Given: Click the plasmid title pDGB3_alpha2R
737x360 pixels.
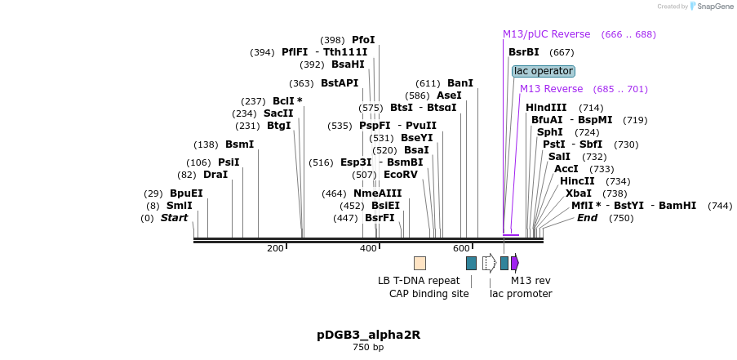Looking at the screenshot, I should (x=368, y=335).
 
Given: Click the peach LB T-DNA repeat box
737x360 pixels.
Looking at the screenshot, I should (x=420, y=263).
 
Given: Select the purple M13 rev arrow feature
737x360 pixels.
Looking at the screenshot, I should (x=515, y=263).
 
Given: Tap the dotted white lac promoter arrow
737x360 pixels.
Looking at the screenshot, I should (x=489, y=263).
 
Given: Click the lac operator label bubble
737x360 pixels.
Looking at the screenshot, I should (x=544, y=71).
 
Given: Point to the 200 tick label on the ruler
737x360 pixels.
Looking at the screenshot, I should (x=275, y=248).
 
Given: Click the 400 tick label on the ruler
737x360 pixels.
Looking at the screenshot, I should (x=368, y=248).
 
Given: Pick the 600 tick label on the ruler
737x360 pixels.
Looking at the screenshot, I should (x=461, y=248).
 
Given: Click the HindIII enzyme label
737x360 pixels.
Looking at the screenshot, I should (x=546, y=108).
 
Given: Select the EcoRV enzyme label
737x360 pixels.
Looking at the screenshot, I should (x=401, y=175).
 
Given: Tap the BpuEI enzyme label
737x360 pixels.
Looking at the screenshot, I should (x=186, y=193).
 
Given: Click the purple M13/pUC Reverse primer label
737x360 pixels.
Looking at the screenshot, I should (x=546, y=34).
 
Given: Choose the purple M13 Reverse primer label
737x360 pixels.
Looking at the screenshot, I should (x=551, y=89).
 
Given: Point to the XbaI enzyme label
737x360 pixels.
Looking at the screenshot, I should (x=579, y=193).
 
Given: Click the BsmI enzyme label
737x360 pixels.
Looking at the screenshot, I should (x=239, y=144).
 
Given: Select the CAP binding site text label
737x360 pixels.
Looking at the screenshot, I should (x=428, y=294).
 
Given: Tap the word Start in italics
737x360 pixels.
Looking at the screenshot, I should (x=174, y=218).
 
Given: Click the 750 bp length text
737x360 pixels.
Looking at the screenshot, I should (x=367, y=348).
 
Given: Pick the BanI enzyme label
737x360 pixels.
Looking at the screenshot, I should (x=460, y=83).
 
